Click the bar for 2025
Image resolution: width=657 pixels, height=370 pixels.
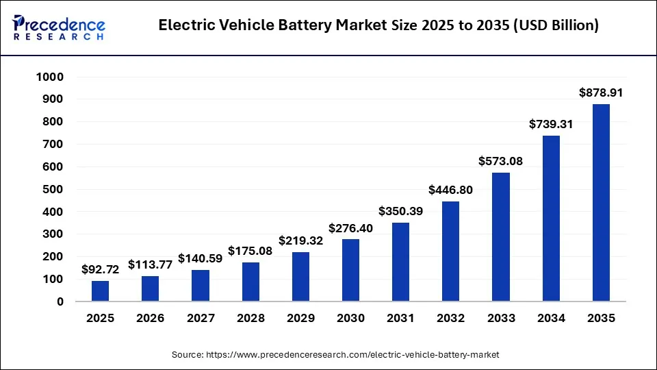tap(100, 291)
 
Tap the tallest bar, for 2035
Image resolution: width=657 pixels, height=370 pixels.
tap(601, 202)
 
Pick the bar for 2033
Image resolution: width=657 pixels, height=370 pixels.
tap(501, 236)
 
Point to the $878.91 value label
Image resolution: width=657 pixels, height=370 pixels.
tap(601, 92)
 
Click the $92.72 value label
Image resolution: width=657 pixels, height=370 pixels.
tap(100, 270)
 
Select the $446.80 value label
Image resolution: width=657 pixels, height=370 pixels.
tap(451, 190)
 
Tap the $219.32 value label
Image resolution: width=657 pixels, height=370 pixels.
tap(300, 241)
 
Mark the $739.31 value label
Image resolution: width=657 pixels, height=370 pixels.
tap(551, 124)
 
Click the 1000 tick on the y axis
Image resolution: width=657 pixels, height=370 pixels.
tap(49, 77)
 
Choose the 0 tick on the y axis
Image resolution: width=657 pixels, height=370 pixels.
tap(60, 301)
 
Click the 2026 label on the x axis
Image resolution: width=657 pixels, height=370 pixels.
tap(150, 319)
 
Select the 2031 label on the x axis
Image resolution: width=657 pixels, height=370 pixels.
tap(400, 319)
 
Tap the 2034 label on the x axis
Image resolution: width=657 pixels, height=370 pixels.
tap(551, 319)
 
